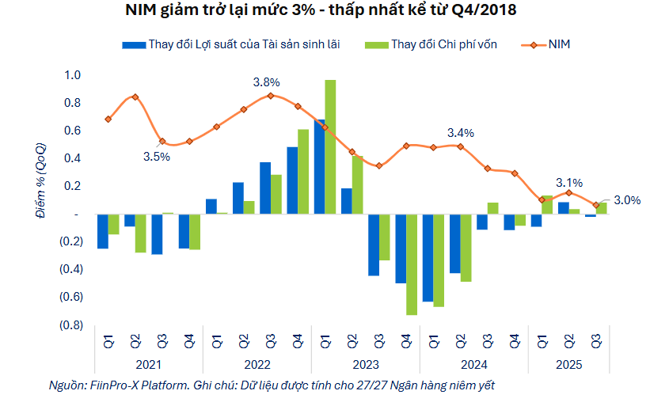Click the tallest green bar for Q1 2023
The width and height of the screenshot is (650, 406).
tap(330, 146)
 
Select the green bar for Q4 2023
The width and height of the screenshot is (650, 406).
tap(412, 264)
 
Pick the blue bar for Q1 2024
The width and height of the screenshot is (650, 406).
tap(428, 257)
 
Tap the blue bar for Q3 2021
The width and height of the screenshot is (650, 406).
tap(157, 233)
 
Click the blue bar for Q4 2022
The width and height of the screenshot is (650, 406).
tap(292, 180)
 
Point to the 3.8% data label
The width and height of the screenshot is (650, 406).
tap(266, 82)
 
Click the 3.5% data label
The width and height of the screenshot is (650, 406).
tap(157, 157)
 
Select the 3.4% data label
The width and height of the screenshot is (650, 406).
tap(461, 133)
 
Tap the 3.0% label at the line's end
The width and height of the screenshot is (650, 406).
tap(627, 200)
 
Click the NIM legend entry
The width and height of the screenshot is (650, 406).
tap(558, 44)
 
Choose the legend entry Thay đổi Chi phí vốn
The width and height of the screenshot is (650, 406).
tap(443, 44)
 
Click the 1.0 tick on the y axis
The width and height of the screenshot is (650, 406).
tap(73, 75)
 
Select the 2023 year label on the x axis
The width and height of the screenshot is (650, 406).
tap(366, 364)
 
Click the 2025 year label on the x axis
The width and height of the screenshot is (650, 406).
tap(568, 364)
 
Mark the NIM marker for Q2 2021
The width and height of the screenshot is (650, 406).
tap(135, 97)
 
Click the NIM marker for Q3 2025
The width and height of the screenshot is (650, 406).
tap(596, 205)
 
